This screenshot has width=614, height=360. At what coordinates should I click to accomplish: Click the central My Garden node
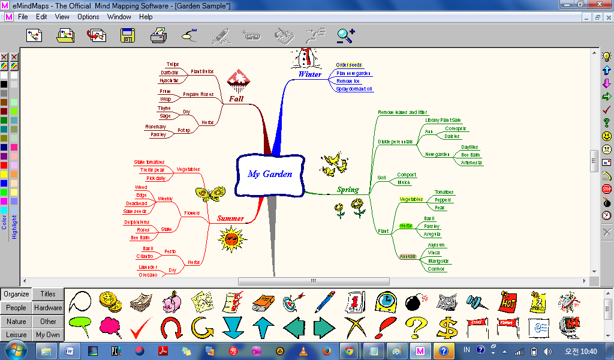tap(270, 174)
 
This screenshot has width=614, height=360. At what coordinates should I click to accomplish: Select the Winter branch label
tap(309, 74)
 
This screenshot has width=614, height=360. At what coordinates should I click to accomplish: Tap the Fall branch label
tap(236, 98)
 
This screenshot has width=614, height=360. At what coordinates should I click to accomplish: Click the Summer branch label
tap(230, 218)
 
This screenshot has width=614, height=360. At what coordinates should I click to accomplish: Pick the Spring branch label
tap(348, 190)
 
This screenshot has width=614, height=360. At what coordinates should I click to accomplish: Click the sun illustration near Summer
tap(233, 239)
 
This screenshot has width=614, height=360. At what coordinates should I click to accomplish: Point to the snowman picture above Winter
tap(305, 58)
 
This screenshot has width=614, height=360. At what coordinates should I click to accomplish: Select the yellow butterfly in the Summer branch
tap(210, 194)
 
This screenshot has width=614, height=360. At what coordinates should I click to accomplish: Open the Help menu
tap(146, 17)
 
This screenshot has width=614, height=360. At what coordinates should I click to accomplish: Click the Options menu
tap(88, 17)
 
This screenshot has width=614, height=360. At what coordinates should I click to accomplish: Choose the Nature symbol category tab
tap(16, 322)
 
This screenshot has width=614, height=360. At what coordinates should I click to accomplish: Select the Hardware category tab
tap(48, 308)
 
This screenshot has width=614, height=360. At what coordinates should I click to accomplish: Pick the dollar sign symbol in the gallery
tap(447, 328)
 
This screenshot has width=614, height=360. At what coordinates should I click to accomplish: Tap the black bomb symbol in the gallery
tap(414, 301)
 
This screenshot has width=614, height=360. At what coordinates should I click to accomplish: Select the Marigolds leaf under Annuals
tap(438, 261)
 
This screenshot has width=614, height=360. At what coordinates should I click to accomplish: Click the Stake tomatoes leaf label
tap(149, 162)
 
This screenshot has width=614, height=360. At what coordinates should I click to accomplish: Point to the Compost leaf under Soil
tap(407, 175)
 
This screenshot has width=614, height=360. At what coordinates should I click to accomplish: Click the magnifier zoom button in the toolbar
tap(345, 36)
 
